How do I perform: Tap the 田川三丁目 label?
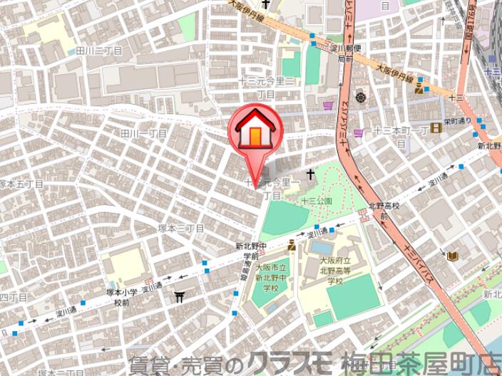coord(99,51)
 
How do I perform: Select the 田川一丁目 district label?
coord(143,133)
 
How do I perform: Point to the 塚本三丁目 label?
coord(181,228)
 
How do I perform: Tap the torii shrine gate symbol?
coord(179,296)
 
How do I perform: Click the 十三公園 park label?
coord(316,202)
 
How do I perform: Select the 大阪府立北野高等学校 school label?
coord(336,271)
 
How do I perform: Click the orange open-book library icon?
coord(451,256)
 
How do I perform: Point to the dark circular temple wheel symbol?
coord(360,96)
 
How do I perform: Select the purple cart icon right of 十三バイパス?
coord(358,132)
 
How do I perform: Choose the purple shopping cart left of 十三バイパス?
coord(327,105)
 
